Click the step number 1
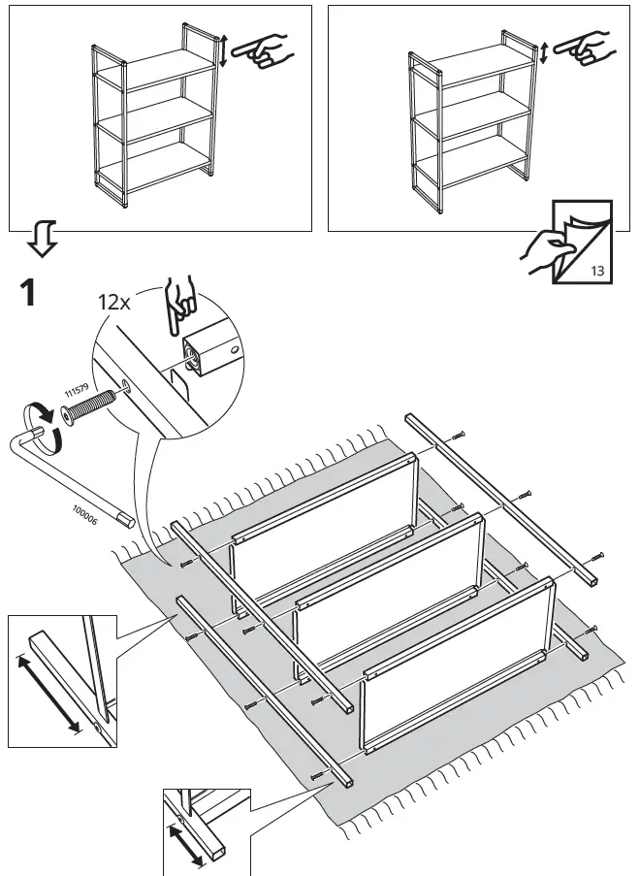coord(28,292)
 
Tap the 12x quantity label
coord(113,302)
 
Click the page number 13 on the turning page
coord(596,271)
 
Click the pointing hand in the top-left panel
coord(264,49)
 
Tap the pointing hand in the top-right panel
coord(585,48)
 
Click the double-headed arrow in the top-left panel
coord(224,50)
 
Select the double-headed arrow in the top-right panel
coord(544,51)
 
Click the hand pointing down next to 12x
coord(179,307)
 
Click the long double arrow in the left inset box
coord(48,694)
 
